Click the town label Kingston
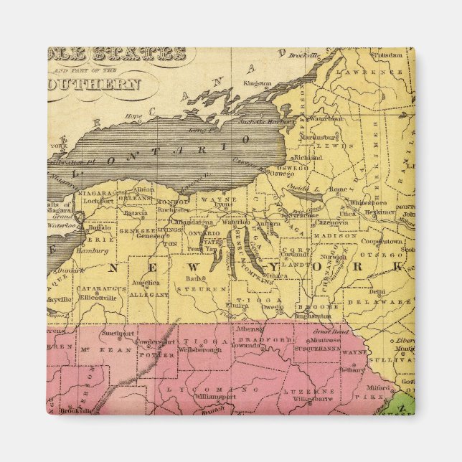pos(258,83)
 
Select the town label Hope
pos(133,115)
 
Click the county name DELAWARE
pos(389,302)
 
